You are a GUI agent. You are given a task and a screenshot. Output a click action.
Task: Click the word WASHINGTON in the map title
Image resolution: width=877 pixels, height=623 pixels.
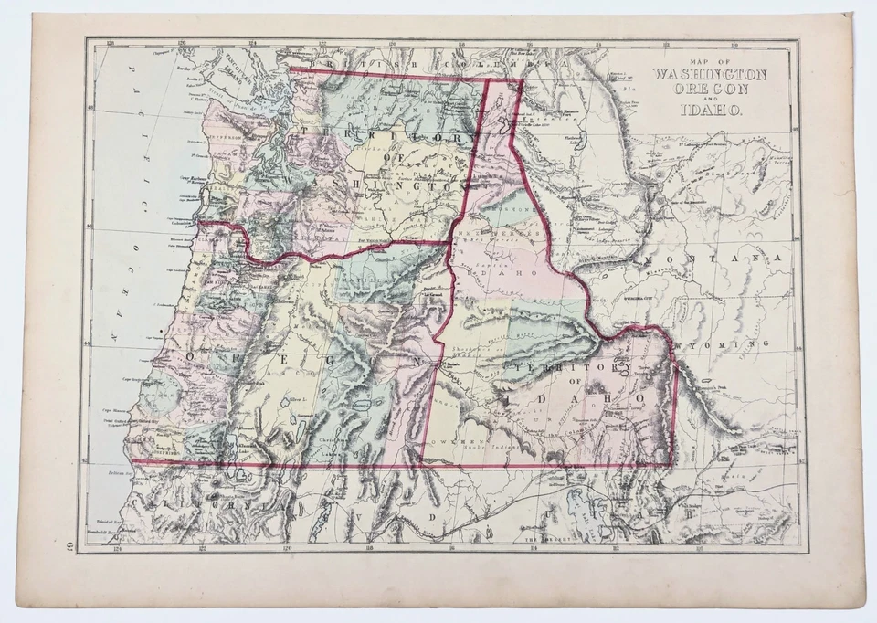tap(708, 74)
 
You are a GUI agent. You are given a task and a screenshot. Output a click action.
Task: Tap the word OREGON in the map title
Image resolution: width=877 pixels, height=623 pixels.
tap(709, 90)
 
